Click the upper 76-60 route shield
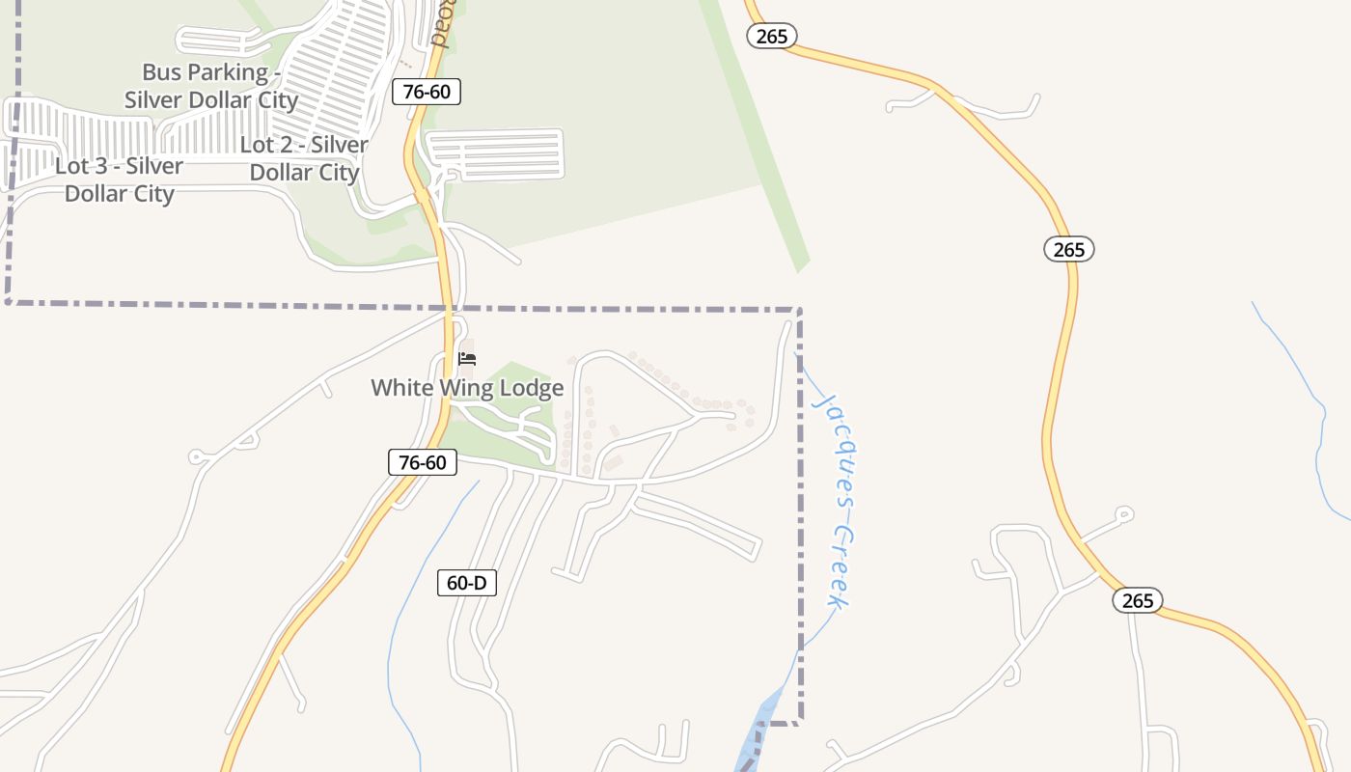[426, 92]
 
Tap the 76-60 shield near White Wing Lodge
[423, 462]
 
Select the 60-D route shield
[467, 583]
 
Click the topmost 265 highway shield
[772, 37]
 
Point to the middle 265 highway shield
[1068, 250]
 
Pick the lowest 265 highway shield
[1138, 600]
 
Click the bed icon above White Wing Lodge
[467, 359]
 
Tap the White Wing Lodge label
[467, 388]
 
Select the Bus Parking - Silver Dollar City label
[211, 86]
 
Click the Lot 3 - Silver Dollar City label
[119, 179]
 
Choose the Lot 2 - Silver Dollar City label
[304, 159]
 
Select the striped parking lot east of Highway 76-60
[494, 154]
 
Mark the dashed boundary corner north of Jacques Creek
[799, 311]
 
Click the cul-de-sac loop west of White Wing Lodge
[197, 456]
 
